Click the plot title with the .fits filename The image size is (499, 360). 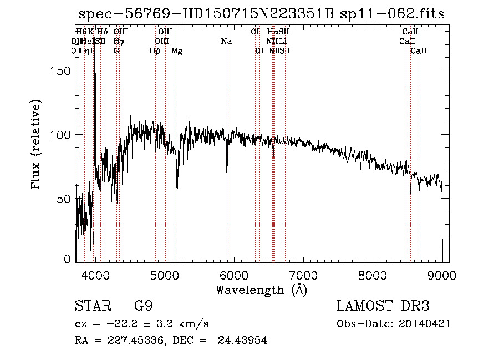click(x=261, y=14)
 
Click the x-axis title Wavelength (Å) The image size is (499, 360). click(x=261, y=290)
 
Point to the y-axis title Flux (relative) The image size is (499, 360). click(x=37, y=145)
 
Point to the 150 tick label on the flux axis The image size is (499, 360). click(x=62, y=71)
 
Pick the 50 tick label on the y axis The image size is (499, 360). click(x=65, y=199)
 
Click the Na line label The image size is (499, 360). click(x=226, y=42)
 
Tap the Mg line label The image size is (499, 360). click(x=177, y=51)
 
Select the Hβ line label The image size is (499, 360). click(x=155, y=51)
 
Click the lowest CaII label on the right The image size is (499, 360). click(x=419, y=51)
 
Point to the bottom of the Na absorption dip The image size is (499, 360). click(x=227, y=172)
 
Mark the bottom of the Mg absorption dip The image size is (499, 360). click(x=177, y=187)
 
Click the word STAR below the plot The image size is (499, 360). click(x=90, y=307)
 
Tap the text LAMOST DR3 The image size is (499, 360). click(x=383, y=307)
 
